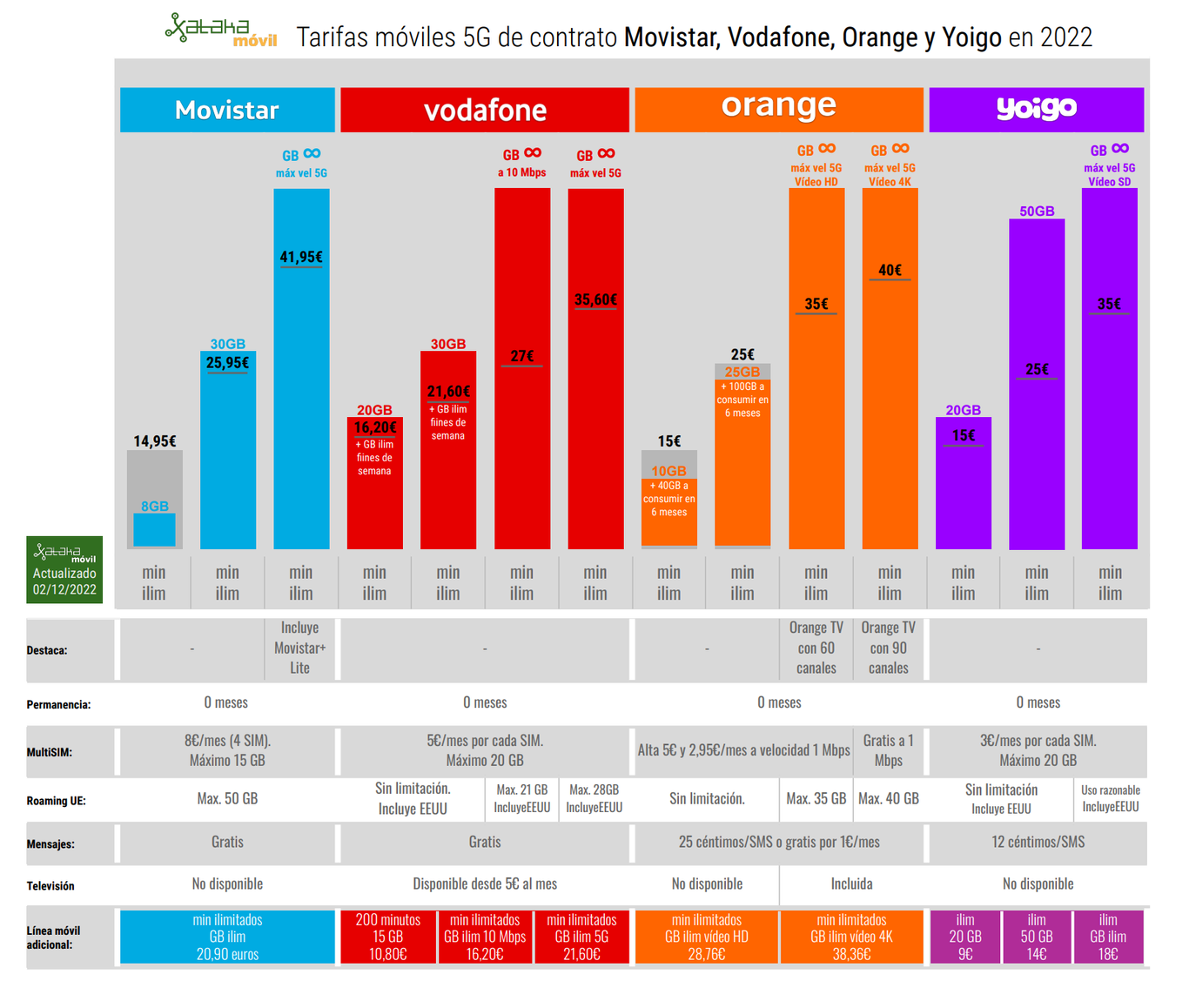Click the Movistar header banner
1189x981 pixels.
[227, 110]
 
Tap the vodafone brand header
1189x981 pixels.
[485, 110]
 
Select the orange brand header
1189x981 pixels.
[779, 108]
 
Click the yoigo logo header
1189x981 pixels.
[1036, 109]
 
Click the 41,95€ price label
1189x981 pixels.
[301, 258]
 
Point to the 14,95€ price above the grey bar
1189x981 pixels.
[155, 441]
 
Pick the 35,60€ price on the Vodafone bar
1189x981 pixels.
[595, 300]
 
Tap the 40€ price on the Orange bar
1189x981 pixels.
[890, 271]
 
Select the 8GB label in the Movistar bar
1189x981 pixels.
[155, 507]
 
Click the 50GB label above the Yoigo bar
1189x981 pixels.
[1037, 212]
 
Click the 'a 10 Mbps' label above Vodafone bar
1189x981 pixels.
[522, 172]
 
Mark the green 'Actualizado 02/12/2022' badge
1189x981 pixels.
[64, 570]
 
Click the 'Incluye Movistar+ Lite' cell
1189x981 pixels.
[300, 648]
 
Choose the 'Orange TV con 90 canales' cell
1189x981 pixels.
[888, 648]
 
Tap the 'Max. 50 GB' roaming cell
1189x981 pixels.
[227, 798]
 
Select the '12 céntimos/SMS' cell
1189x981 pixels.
[1038, 842]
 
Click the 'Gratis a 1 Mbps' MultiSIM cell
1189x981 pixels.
[888, 750]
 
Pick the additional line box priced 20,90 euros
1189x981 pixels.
[227, 937]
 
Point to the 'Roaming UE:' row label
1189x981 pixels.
[57, 801]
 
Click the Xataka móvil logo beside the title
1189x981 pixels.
[221, 30]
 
